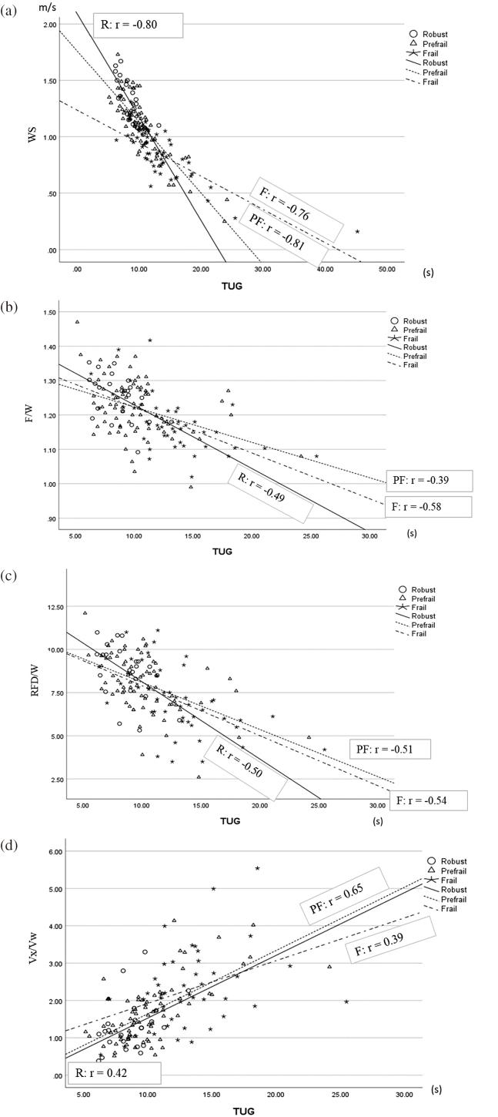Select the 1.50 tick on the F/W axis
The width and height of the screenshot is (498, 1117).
[x=47, y=312]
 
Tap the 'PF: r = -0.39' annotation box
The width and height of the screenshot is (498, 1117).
[x=429, y=481]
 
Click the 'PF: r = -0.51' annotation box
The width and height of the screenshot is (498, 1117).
[x=389, y=748]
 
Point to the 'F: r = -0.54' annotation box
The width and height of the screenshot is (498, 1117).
[x=428, y=801]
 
